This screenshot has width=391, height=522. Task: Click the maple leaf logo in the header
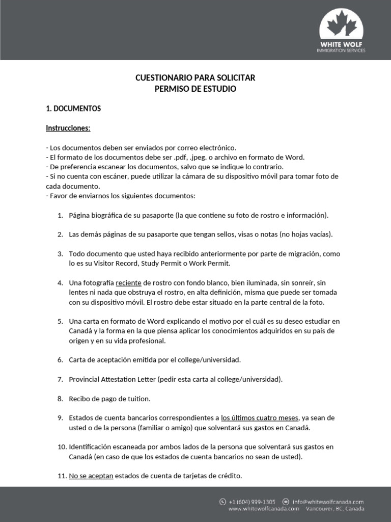click(341, 25)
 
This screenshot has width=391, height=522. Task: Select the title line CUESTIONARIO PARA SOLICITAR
click(195, 78)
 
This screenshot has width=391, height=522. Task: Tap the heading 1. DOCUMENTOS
click(73, 109)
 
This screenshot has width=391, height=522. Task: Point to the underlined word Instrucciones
click(68, 128)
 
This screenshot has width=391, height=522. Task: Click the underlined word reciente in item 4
click(129, 282)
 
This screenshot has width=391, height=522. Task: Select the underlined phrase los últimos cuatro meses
click(260, 417)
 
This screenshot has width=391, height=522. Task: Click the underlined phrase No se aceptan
click(91, 476)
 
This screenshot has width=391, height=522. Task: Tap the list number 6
click(60, 360)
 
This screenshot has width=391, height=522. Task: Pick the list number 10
click(61, 447)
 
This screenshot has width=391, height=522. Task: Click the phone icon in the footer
click(222, 502)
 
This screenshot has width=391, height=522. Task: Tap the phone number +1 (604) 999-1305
click(253, 502)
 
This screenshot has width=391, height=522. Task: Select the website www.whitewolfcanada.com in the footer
click(263, 509)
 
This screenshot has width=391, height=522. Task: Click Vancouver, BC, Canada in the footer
click(335, 509)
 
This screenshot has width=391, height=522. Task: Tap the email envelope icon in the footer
click(286, 502)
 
